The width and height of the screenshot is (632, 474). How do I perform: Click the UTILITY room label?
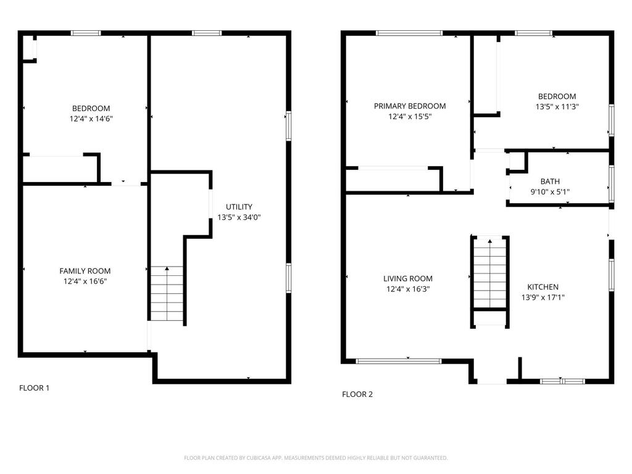point(239,207)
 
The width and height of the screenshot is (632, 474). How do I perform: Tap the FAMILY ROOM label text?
point(85,272)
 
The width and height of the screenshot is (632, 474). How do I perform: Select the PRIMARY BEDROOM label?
point(410,106)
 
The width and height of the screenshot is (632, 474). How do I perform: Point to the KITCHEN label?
point(543,287)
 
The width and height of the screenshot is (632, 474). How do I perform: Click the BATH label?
point(550,181)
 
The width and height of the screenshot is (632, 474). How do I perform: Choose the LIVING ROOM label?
point(408,278)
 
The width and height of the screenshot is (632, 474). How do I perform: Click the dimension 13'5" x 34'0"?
point(239,217)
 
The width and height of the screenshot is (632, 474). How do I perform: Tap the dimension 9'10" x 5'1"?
point(550,192)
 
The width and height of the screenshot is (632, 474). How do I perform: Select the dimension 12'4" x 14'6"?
point(91,119)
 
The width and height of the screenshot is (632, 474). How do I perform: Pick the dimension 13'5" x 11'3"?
point(557,107)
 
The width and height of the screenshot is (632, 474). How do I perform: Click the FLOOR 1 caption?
point(35,388)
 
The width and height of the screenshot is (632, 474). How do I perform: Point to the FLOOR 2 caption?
point(357,394)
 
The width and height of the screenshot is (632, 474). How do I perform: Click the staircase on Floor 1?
point(167,293)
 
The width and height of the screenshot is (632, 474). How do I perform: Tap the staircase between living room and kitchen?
point(489,273)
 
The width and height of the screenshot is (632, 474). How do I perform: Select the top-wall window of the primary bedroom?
point(409,33)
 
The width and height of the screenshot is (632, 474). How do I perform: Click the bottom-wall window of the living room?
point(399,361)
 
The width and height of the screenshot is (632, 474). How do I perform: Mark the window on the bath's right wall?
point(612,183)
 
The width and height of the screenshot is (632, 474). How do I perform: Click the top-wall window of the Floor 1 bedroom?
point(86,33)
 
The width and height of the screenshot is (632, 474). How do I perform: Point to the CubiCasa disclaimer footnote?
point(315,458)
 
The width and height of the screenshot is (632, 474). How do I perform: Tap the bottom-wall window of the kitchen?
point(562,381)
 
